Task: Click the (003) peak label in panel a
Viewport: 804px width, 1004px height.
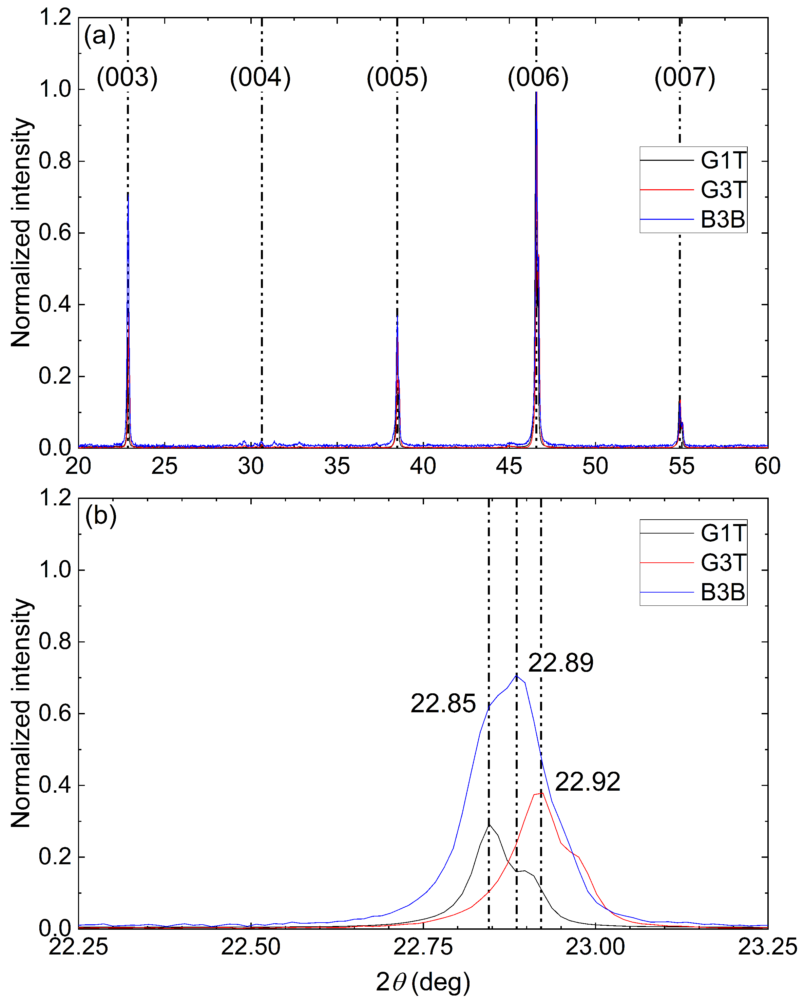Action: tap(127, 77)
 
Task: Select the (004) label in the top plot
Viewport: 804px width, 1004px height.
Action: tap(261, 77)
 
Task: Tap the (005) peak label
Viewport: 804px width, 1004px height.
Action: tap(397, 77)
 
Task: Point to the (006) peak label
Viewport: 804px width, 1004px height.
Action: tap(538, 77)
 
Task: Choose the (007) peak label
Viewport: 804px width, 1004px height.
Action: tap(685, 77)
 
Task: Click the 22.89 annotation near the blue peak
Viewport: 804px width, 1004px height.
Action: tap(560, 663)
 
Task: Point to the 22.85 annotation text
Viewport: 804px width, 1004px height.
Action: tap(443, 703)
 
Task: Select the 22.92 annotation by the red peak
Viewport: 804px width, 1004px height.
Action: tap(588, 782)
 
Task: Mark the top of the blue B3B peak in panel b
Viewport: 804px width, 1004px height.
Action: tap(516, 675)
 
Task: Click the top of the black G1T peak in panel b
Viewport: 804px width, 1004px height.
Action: tap(489, 825)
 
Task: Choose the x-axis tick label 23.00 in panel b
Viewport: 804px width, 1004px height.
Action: tap(595, 947)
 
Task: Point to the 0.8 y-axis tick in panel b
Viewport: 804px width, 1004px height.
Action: tap(55, 642)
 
